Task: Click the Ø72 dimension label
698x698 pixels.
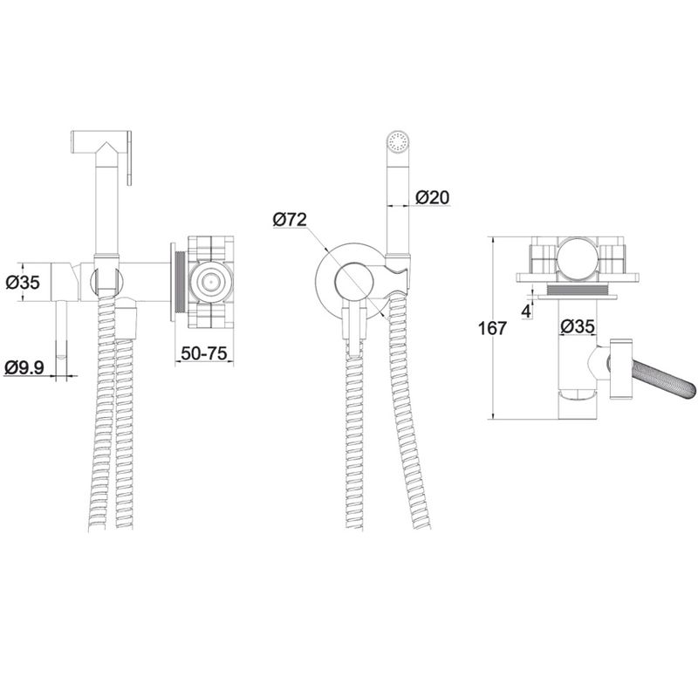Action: (290, 220)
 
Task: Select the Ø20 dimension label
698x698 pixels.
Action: (433, 197)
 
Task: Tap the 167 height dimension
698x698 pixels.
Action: (492, 329)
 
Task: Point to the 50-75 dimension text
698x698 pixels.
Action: (204, 353)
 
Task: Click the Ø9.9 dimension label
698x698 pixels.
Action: (24, 367)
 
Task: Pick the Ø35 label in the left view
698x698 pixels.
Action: (24, 282)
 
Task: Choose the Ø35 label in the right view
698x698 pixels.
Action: (578, 326)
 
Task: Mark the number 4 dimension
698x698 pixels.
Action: (526, 311)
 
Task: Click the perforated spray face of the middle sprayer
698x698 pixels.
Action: (398, 140)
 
